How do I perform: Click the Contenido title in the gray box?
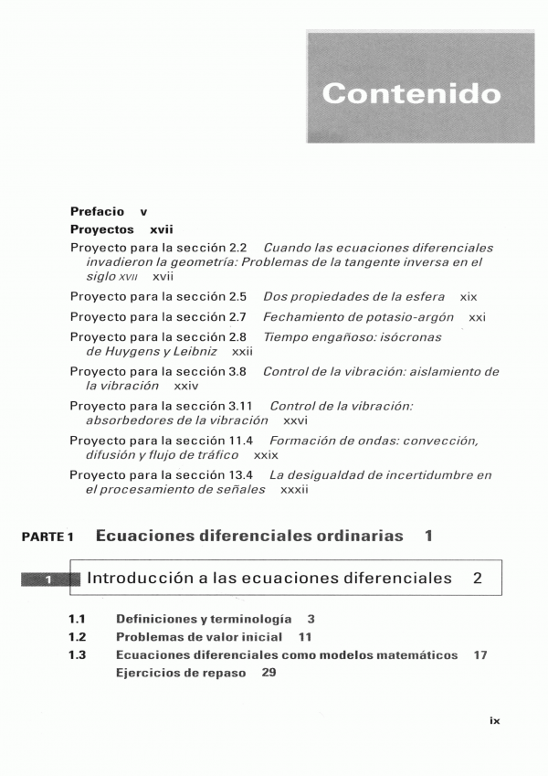(411, 93)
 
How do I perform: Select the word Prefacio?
(97, 211)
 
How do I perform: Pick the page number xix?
(469, 296)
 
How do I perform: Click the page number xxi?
(476, 316)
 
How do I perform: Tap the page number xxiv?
(185, 386)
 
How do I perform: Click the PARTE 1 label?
(48, 537)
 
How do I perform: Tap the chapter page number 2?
(478, 578)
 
